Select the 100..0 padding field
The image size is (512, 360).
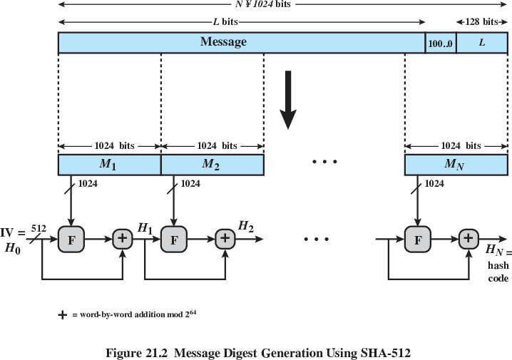click(x=441, y=43)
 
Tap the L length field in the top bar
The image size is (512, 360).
click(x=481, y=43)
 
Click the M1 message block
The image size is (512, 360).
click(x=109, y=165)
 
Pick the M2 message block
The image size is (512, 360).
click(x=212, y=165)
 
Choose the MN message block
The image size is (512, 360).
click(x=455, y=165)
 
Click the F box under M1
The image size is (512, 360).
click(x=71, y=240)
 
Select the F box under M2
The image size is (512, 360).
click(x=173, y=240)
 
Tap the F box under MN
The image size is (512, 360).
click(x=417, y=240)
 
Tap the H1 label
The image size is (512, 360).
click(x=145, y=227)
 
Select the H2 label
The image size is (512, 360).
click(x=246, y=226)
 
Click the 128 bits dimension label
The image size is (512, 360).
click(x=481, y=22)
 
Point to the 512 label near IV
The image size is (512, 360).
click(x=39, y=228)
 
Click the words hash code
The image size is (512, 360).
click(x=498, y=272)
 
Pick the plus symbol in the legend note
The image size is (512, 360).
click(x=63, y=315)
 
